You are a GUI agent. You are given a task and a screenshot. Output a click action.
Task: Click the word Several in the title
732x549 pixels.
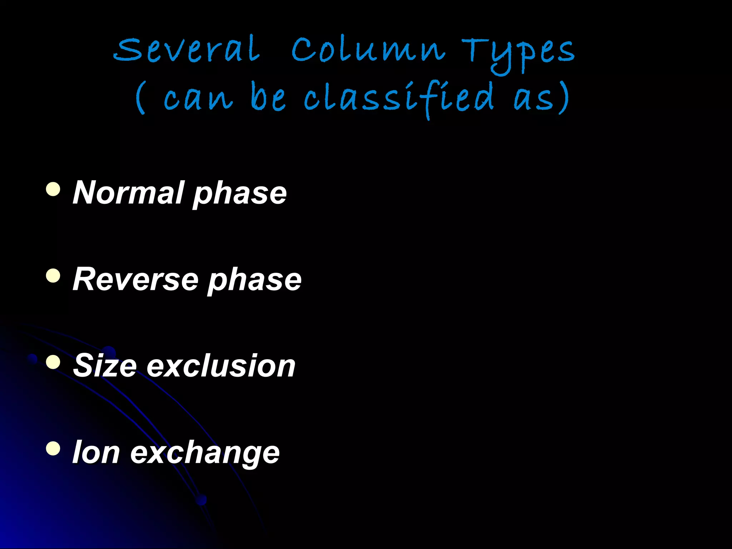click(187, 50)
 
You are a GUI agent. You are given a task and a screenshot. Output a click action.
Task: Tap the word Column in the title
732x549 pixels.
click(368, 50)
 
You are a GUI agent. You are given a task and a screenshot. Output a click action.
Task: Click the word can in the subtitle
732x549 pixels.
click(198, 99)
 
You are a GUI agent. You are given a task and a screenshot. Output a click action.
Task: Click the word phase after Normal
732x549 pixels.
click(240, 195)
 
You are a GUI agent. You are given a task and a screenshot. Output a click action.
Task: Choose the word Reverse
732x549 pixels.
click(135, 280)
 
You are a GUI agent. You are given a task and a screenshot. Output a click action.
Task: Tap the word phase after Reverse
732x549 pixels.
click(254, 281)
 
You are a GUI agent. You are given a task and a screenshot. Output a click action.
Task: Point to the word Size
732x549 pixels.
click(105, 366)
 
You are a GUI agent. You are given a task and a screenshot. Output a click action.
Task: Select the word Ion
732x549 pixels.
click(96, 452)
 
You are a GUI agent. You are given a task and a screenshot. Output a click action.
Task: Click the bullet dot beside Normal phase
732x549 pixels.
click(53, 189)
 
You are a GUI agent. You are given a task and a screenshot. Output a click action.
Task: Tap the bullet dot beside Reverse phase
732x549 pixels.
click(53, 276)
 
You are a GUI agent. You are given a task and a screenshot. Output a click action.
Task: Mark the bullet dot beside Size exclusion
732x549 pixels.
click(53, 362)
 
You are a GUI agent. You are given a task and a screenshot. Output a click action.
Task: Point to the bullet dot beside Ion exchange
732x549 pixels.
click(53, 449)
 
